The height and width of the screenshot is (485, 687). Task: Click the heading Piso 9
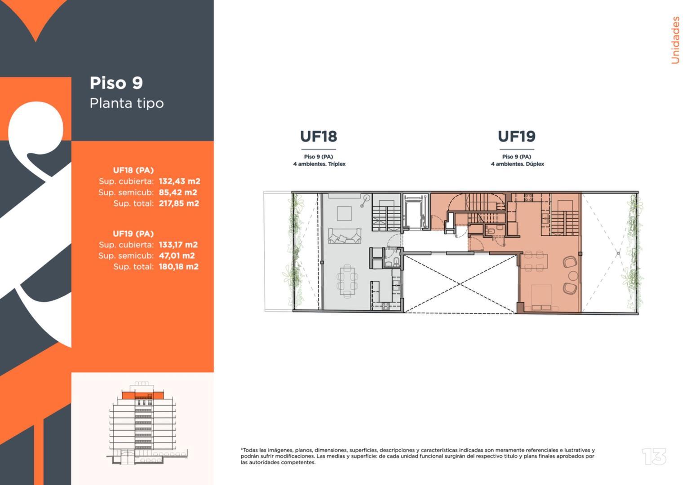point(116,83)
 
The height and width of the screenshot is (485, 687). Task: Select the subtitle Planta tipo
point(127,103)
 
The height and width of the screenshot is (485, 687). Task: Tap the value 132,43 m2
point(179,181)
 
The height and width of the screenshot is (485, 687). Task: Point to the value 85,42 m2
point(178,192)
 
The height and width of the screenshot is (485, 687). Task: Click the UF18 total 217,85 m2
point(178,203)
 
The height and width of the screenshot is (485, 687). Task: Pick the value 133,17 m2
point(178,245)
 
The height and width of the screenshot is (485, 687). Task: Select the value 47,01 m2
point(177,256)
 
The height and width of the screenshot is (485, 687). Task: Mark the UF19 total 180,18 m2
point(178,267)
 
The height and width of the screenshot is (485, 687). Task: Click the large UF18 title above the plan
point(319,137)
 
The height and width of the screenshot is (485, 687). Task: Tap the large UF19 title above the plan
point(517,137)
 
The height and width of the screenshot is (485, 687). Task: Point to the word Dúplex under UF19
point(535,164)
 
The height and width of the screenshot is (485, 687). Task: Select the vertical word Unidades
point(675,40)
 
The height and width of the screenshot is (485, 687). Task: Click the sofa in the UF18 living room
point(345,235)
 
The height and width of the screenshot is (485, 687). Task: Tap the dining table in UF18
point(346,281)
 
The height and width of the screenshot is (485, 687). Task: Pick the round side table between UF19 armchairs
point(573,275)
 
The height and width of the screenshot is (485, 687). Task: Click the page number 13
point(654,457)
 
